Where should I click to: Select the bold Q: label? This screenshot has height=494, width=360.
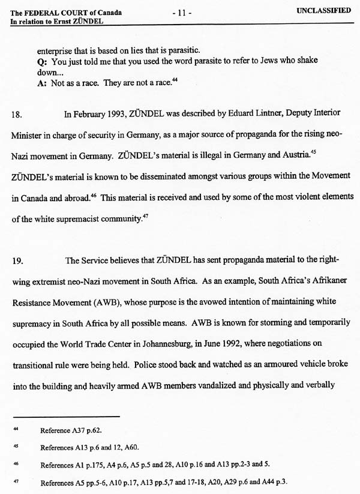click(x=41, y=61)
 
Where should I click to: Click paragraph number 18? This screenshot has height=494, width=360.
click(x=18, y=112)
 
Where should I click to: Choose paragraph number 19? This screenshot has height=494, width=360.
click(x=18, y=261)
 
